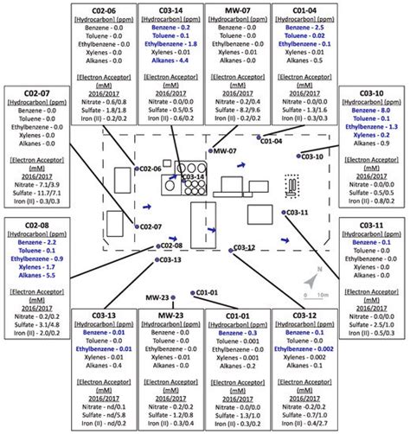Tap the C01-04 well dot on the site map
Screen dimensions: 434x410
pyautogui.click(x=257, y=137)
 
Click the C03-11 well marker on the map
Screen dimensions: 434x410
pyautogui.click(x=281, y=210)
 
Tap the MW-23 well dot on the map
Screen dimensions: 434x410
pyautogui.click(x=173, y=297)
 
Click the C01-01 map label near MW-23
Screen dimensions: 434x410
pyautogui.click(x=208, y=292)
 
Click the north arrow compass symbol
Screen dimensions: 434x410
pyautogui.click(x=312, y=281)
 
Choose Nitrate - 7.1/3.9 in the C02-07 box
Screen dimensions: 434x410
pyautogui.click(x=33, y=184)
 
